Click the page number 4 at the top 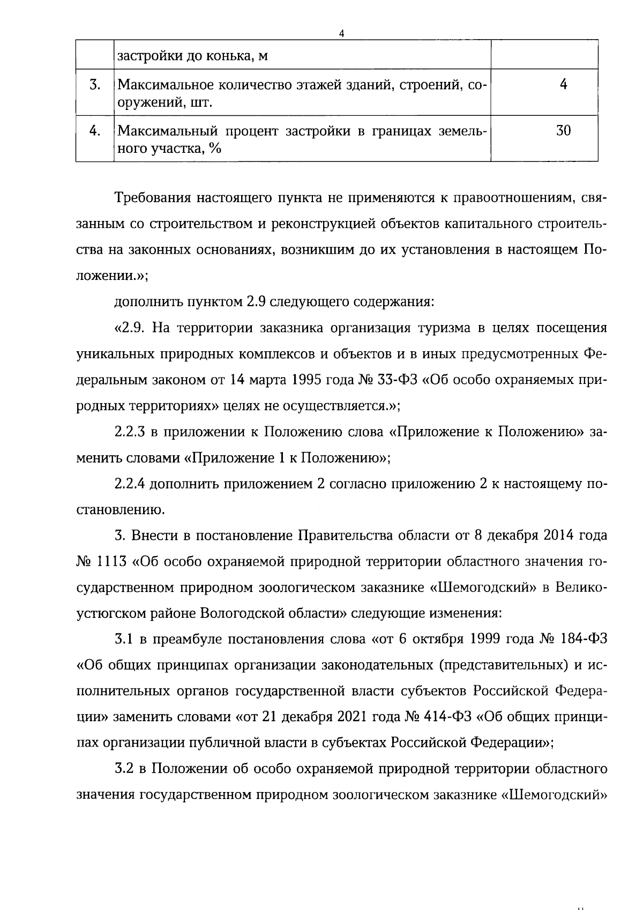tap(341, 33)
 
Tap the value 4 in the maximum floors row tap(563, 84)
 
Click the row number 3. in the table tap(95, 85)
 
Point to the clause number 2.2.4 tap(132, 484)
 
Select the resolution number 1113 tap(111, 562)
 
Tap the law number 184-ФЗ tap(586, 639)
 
